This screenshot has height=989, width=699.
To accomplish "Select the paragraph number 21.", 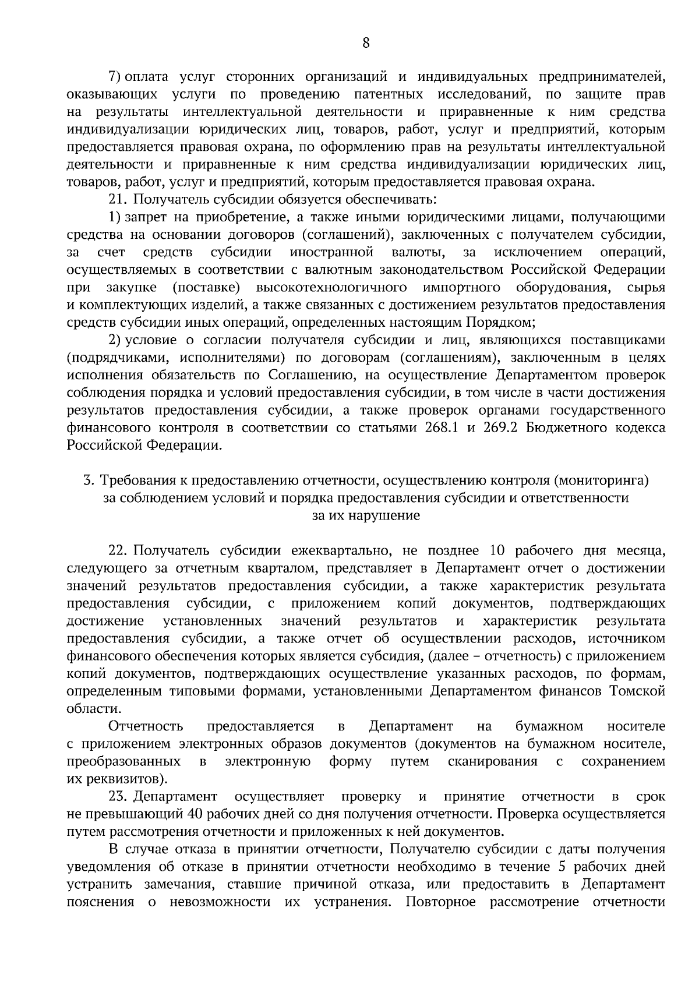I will click(118, 200).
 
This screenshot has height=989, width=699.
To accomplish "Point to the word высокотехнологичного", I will click(331, 288).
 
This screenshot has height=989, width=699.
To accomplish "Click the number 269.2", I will click(502, 428).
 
